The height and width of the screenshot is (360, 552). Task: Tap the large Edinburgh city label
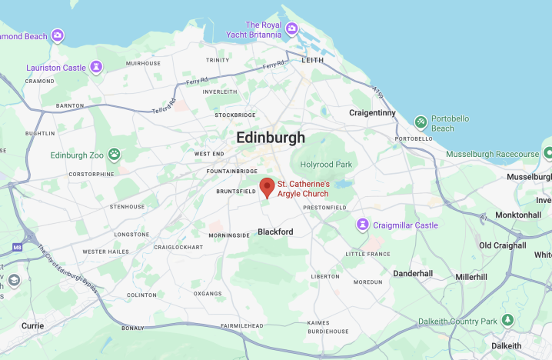click(271, 138)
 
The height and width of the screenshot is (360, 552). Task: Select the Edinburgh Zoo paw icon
click(115, 155)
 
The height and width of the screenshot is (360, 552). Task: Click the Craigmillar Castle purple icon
click(362, 225)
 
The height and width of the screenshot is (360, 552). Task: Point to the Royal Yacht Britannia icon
click(291, 29)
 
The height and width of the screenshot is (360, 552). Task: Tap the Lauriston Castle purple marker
click(96, 68)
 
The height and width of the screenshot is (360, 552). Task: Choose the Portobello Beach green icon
click(421, 122)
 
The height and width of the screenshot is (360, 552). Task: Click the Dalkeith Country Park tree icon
click(507, 321)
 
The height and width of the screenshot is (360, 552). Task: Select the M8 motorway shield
click(18, 248)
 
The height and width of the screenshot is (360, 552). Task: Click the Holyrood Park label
click(326, 164)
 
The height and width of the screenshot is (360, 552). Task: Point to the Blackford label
click(275, 231)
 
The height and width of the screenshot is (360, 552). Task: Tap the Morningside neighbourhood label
click(229, 235)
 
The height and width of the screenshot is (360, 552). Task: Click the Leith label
click(313, 60)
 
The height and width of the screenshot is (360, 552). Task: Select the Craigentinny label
click(372, 112)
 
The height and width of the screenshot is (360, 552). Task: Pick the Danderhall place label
click(413, 273)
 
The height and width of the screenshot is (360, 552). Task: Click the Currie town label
click(32, 325)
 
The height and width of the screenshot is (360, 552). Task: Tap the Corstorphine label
click(91, 174)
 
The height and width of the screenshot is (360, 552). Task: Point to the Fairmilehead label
click(242, 326)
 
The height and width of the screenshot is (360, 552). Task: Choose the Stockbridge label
click(235, 115)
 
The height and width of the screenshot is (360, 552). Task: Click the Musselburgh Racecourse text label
click(491, 154)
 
